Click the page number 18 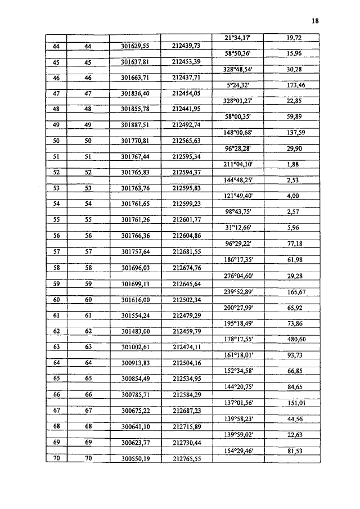[315, 21]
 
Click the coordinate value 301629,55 [134, 46]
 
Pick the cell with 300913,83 [134, 363]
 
